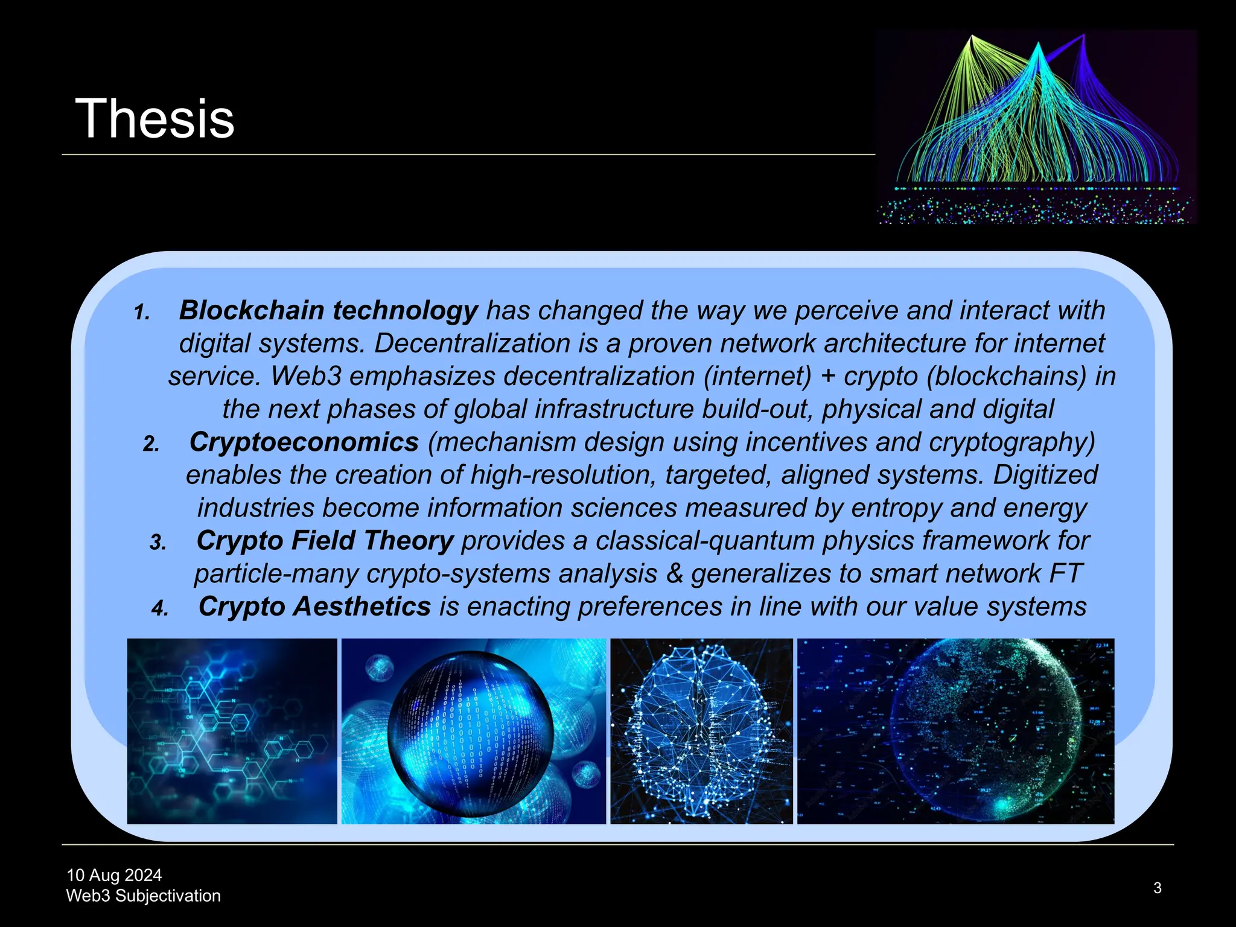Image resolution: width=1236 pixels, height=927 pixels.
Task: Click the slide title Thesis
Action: pos(154,119)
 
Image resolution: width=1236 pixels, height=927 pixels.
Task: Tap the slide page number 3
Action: pos(1157,888)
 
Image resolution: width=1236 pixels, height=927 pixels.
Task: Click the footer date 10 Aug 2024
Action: pos(114,875)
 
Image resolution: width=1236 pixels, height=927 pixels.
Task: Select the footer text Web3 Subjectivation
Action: pos(143,896)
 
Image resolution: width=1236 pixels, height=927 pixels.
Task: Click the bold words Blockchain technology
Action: pos(328,311)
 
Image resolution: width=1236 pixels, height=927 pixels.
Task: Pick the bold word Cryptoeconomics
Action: pos(304,442)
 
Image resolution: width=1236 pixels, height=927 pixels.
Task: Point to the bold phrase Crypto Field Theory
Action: pos(325,541)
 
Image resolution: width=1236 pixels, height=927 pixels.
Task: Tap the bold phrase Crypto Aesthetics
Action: pos(314,607)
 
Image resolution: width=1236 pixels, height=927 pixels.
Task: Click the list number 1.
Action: pos(142,313)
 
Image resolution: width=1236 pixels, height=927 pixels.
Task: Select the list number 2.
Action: pos(151,445)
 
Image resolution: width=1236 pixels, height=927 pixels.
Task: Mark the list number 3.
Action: pos(158,543)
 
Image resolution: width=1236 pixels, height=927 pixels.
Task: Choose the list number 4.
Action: pos(160,609)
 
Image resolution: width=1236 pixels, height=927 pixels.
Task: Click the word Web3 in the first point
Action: pos(305,377)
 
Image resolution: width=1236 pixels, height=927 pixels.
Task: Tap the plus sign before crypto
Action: pos(828,377)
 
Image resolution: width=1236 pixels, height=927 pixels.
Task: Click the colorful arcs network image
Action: pos(1036,127)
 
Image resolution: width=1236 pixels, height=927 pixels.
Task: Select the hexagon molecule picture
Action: pos(232,731)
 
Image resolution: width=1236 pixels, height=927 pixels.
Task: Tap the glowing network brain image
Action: pos(701,731)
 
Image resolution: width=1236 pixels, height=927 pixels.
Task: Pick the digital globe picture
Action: pos(955,731)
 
